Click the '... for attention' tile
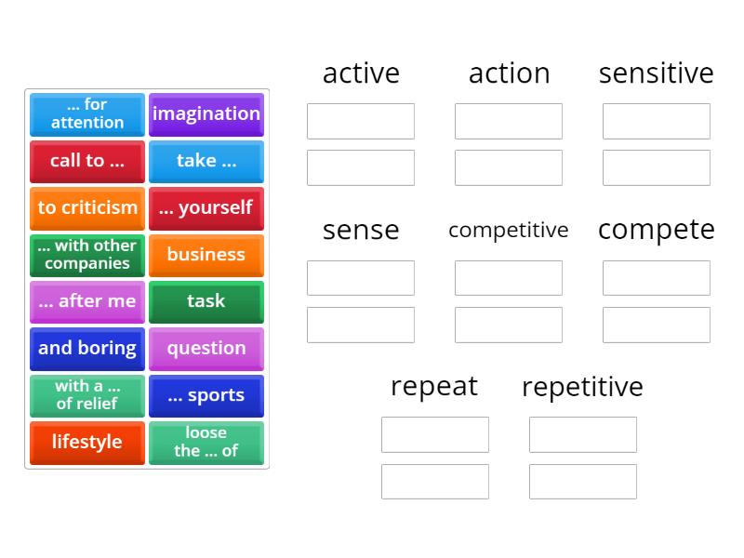87,114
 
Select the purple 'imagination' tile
206,114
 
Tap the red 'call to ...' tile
87,161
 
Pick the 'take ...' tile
206,161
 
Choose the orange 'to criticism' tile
87,208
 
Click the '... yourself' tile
206,208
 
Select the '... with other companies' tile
87,255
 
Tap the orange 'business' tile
206,255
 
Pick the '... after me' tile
87,301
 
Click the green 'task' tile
206,301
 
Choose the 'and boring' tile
87,349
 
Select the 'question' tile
206,349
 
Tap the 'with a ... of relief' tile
87,395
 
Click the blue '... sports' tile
206,395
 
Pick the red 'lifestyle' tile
87,443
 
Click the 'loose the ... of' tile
206,443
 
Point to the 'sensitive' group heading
656,73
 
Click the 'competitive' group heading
508,230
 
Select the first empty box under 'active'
361,121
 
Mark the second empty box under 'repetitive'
583,482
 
